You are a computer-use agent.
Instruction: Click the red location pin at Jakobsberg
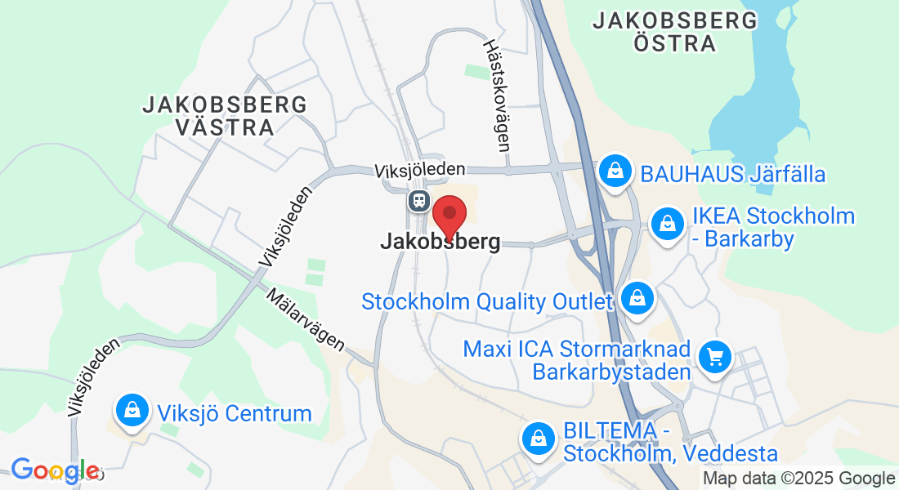click(x=449, y=215)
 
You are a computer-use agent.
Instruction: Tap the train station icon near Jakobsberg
click(x=418, y=200)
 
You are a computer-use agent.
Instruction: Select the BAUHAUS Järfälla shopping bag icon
click(x=612, y=171)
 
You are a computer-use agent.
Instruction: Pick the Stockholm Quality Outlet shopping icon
click(x=637, y=298)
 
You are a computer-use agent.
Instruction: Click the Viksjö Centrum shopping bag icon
click(x=132, y=411)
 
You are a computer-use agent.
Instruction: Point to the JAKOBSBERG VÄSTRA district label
click(x=225, y=116)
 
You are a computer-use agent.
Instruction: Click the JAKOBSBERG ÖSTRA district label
click(x=675, y=32)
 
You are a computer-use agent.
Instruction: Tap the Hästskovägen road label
click(x=496, y=96)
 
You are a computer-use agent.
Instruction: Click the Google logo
click(x=55, y=470)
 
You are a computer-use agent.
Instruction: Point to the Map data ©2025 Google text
click(x=799, y=479)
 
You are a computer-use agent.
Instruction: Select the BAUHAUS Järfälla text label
click(x=733, y=174)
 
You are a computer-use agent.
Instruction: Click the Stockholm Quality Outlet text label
click(x=487, y=302)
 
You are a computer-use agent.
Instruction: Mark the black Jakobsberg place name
click(x=440, y=243)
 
